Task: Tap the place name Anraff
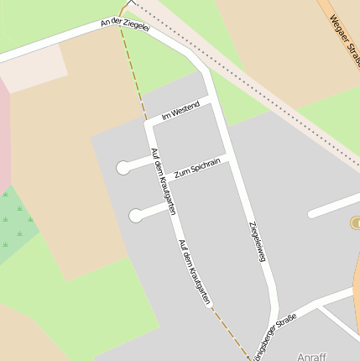(311, 356)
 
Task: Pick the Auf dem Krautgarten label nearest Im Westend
(163, 180)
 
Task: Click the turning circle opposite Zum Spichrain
(123, 168)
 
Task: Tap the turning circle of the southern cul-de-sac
(136, 216)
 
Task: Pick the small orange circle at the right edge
(355, 222)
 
